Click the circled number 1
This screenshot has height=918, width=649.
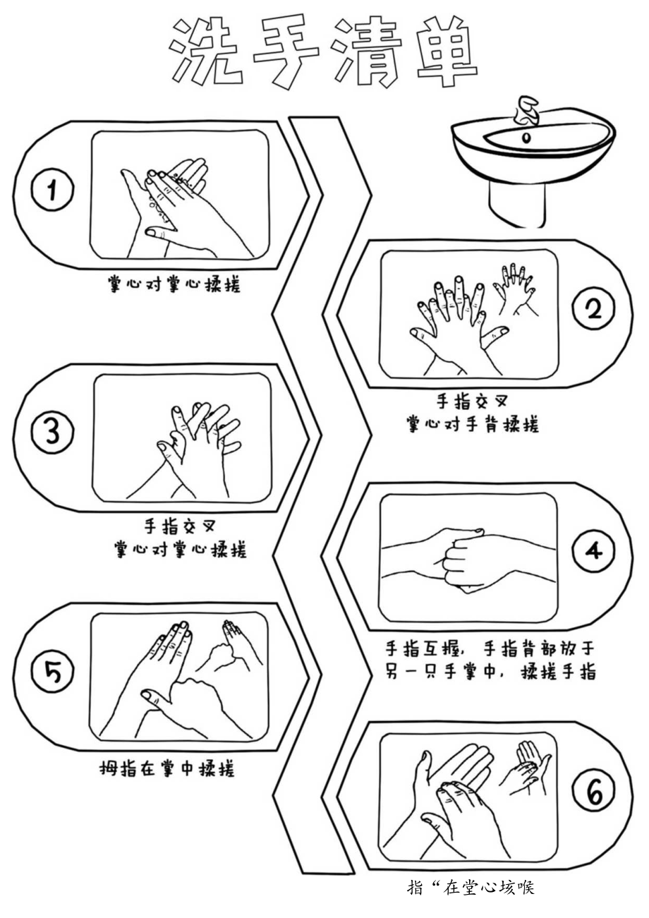51,191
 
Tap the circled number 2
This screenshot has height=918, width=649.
593,310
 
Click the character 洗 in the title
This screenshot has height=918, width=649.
202,52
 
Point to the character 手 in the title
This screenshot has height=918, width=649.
284,52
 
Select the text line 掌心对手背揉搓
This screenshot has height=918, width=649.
472,425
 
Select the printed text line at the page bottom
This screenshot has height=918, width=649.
471,887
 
